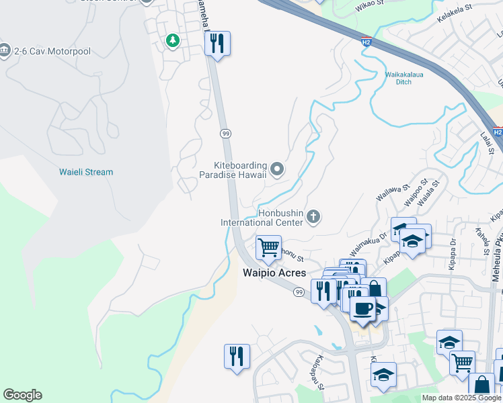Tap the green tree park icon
pos(173,41)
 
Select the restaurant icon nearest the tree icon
pos(217,44)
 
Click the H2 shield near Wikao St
pos(366,42)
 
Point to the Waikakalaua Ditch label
pos(403,78)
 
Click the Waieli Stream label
pos(85,172)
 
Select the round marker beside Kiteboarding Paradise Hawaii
pos(277,169)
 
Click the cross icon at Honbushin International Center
pos(313,216)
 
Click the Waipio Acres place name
pos(274,273)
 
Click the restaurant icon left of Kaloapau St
pos(237,356)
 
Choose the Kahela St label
pos(481,240)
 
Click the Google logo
pos(22,395)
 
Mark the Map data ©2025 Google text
pos(461,398)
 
